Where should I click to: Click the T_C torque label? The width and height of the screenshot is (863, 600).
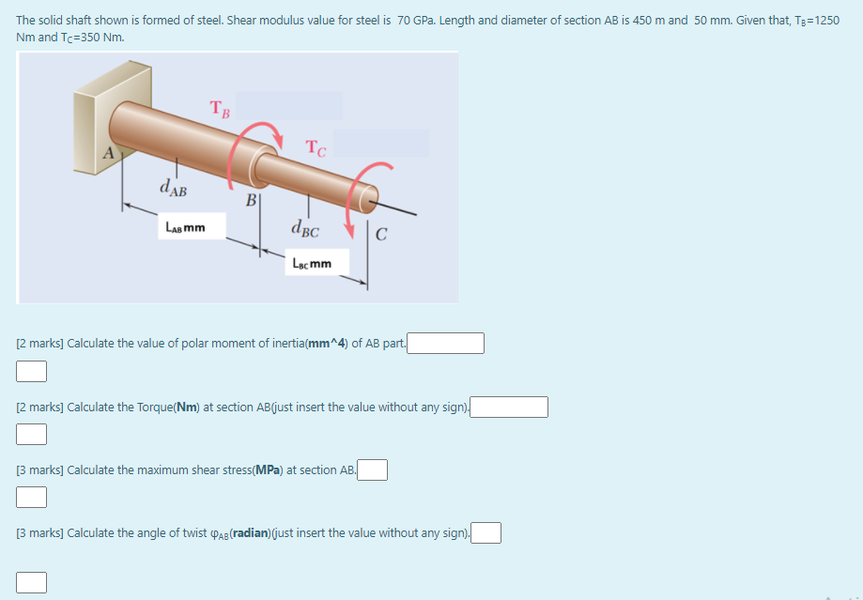[316, 146]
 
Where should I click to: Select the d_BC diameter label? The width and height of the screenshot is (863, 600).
[305, 227]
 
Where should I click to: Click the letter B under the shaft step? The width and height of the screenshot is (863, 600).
[251, 200]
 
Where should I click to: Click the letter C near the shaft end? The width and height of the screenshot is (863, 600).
[380, 236]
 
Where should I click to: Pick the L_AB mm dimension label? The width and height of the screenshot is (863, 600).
[185, 227]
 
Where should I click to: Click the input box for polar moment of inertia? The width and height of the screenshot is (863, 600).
[445, 343]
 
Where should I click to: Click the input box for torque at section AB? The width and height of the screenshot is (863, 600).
[510, 407]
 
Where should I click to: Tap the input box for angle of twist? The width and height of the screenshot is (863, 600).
[485, 533]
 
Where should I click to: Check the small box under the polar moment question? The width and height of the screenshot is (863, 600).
[31, 372]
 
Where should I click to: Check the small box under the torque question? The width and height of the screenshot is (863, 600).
[31, 434]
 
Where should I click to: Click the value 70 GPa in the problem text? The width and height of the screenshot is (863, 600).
[419, 20]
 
